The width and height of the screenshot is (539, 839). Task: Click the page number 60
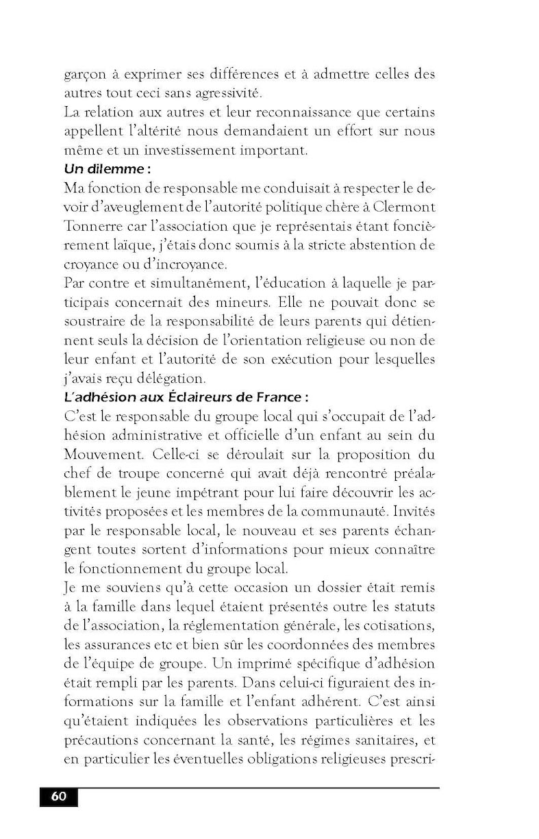pyautogui.click(x=58, y=797)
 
